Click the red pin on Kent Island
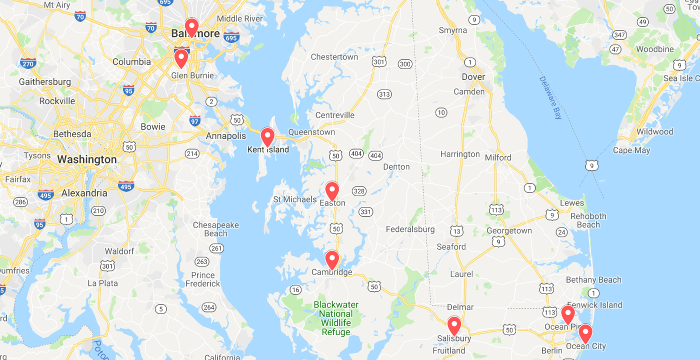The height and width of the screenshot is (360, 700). (267, 136)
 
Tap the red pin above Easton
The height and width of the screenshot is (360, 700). (332, 190)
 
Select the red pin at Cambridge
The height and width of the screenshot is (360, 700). (332, 259)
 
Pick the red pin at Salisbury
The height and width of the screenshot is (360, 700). (454, 325)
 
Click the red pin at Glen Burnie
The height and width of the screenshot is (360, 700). (181, 58)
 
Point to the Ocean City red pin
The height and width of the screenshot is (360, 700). (585, 333)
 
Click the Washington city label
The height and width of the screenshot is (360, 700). (86, 160)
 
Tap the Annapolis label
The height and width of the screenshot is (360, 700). (226, 136)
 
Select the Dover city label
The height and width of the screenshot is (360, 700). (473, 77)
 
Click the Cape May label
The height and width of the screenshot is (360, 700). (631, 150)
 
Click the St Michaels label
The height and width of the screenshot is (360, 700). (294, 199)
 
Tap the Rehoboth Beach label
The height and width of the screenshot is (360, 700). (588, 220)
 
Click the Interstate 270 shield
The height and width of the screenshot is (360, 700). (28, 63)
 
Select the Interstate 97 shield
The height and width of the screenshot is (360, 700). (195, 120)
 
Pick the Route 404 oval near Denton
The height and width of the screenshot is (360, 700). (375, 155)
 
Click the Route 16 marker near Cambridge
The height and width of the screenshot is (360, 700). (295, 289)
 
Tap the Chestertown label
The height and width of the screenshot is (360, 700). (334, 57)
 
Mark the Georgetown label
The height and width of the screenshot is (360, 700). (509, 231)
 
